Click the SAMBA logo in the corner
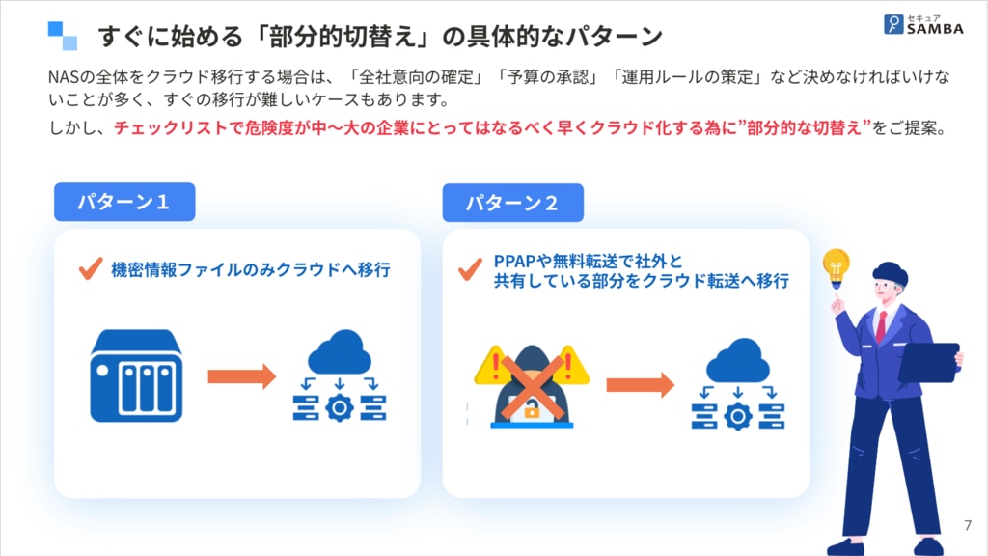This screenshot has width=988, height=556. [923, 25]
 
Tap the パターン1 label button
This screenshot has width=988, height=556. [124, 203]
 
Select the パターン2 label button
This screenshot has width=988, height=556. [512, 204]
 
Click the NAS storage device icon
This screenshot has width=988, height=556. [136, 375]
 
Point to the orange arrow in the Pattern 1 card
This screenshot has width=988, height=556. [242, 376]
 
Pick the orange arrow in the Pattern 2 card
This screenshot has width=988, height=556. [640, 385]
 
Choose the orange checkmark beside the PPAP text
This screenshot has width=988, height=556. [471, 270]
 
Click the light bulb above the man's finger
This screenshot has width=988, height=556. [836, 264]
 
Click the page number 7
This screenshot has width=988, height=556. [968, 525]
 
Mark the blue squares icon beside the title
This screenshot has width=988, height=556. [63, 35]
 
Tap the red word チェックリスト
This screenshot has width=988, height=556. [167, 127]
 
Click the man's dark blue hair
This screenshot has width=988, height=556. [889, 272]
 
